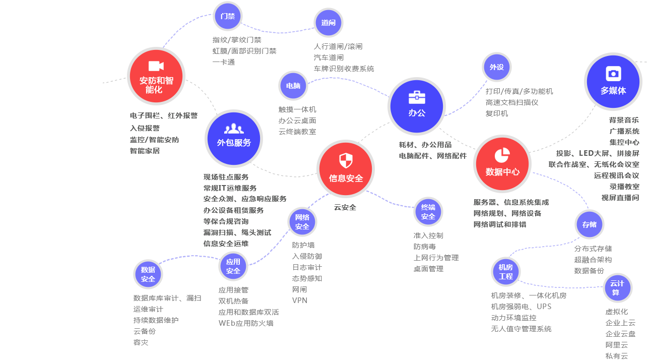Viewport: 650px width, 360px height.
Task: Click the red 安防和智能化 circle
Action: coord(156,76)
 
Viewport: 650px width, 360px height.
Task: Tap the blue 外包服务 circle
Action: coord(234,139)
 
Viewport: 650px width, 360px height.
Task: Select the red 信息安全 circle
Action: coord(346,169)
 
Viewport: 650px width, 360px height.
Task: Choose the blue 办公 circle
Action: coord(417,106)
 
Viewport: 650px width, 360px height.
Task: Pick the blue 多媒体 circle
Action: coord(613,81)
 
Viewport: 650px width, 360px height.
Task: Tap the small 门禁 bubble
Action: coord(228,16)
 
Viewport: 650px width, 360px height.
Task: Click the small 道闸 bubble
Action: coord(329,23)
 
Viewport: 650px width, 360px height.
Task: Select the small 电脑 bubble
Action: coord(293,86)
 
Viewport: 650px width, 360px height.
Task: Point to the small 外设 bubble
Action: coord(497,67)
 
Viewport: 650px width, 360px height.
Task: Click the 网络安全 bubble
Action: coord(302,222)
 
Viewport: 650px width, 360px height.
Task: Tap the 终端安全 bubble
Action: coord(428,212)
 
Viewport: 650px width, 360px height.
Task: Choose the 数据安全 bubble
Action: coord(148,274)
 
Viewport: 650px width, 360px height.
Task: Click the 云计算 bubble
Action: coord(617,288)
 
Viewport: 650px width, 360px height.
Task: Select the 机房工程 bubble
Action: coord(506,272)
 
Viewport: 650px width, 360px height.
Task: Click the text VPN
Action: coord(300,301)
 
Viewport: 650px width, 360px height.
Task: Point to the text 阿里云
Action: coord(617,345)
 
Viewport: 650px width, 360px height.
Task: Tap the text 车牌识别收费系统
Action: coord(344,69)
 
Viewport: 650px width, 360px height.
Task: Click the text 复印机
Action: coord(497,113)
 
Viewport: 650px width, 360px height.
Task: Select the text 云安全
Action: coord(345,207)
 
